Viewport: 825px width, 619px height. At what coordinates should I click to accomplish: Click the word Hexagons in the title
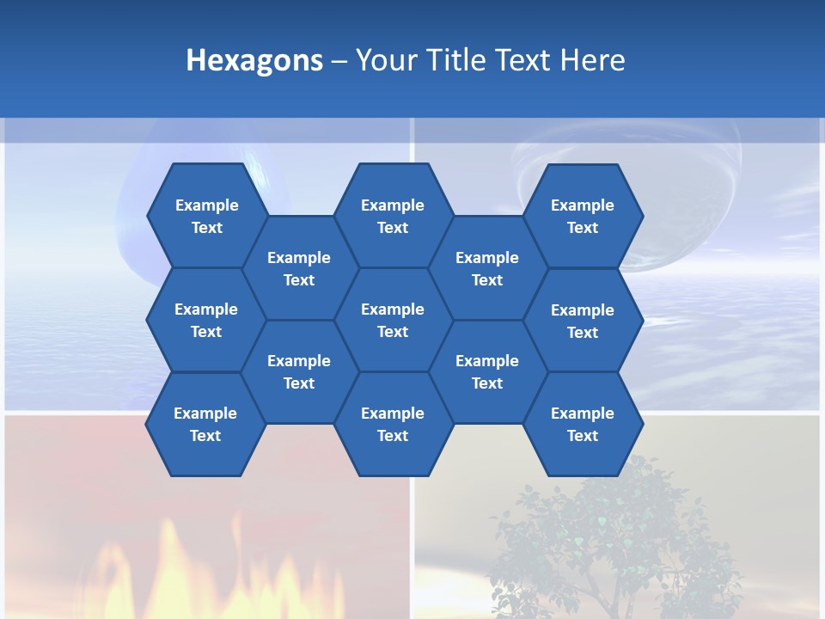[254, 60]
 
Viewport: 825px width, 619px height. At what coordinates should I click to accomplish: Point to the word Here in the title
[592, 60]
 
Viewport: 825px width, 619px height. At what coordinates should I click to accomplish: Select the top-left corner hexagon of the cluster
[206, 216]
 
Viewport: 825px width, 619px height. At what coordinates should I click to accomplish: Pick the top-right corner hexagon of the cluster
[583, 216]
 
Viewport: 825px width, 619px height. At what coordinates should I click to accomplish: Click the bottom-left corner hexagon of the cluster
[205, 424]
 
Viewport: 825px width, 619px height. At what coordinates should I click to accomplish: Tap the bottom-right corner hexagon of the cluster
[583, 424]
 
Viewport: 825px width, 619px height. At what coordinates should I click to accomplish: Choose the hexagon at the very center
[393, 320]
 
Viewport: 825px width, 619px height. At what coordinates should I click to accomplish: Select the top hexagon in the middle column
[393, 216]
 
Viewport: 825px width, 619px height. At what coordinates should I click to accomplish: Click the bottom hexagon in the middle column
[393, 424]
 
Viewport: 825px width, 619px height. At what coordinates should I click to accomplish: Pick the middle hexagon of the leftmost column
[206, 320]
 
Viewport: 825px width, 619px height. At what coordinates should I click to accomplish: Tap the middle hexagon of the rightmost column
[583, 321]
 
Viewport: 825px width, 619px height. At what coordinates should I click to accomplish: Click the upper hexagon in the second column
[299, 268]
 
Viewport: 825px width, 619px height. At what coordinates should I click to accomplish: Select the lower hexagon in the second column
[299, 371]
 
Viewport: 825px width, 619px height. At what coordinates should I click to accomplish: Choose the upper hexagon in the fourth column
[487, 268]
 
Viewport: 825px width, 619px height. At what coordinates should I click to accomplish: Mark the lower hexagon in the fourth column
[487, 371]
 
